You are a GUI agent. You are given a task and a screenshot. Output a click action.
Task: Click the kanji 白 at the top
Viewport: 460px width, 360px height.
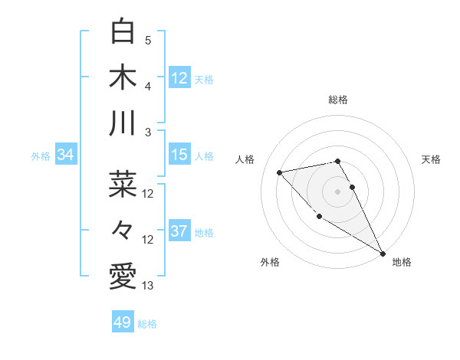[123, 32]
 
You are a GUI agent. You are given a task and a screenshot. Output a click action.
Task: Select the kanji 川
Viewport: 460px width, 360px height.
[123, 123]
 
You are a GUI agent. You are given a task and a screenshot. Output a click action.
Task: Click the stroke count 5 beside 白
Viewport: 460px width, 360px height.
[148, 41]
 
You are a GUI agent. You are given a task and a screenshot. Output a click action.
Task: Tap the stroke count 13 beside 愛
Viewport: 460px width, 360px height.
[148, 286]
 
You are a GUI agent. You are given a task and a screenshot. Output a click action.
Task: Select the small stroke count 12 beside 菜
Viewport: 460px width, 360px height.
[148, 194]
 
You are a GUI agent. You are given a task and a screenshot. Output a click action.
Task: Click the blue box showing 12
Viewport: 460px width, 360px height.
[179, 77]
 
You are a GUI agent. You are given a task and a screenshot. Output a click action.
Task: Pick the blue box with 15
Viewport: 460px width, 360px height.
[179, 155]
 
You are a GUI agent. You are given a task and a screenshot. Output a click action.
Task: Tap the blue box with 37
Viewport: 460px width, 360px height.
[179, 231]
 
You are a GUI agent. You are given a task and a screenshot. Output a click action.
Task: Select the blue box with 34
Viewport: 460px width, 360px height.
[66, 155]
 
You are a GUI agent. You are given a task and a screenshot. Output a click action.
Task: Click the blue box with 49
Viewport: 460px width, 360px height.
[123, 322]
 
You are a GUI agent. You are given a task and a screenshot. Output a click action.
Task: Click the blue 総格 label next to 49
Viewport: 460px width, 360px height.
[147, 324]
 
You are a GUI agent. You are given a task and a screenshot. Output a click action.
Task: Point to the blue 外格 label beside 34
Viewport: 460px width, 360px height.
[41, 156]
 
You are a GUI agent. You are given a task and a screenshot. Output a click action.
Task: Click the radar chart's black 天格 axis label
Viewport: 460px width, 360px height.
[431, 159]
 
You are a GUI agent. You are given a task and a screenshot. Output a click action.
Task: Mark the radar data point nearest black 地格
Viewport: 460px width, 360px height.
[383, 254]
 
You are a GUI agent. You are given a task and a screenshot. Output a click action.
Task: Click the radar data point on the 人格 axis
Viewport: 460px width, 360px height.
[280, 172]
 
